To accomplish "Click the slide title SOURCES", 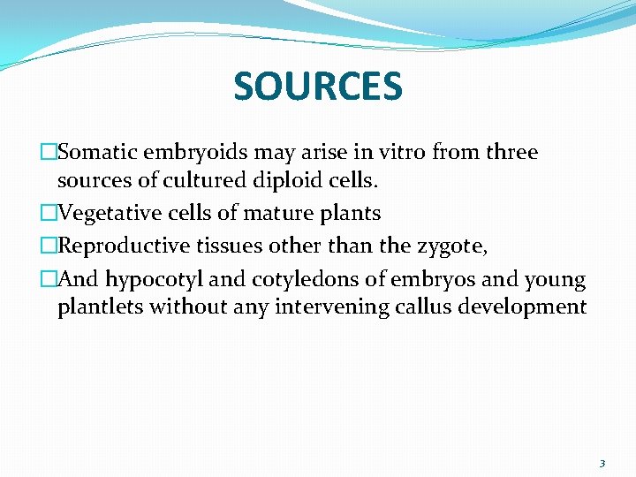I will click(x=318, y=86).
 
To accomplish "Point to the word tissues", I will click(x=223, y=247).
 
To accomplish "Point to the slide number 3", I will click(x=602, y=463).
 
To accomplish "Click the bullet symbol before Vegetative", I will click(x=49, y=214).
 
